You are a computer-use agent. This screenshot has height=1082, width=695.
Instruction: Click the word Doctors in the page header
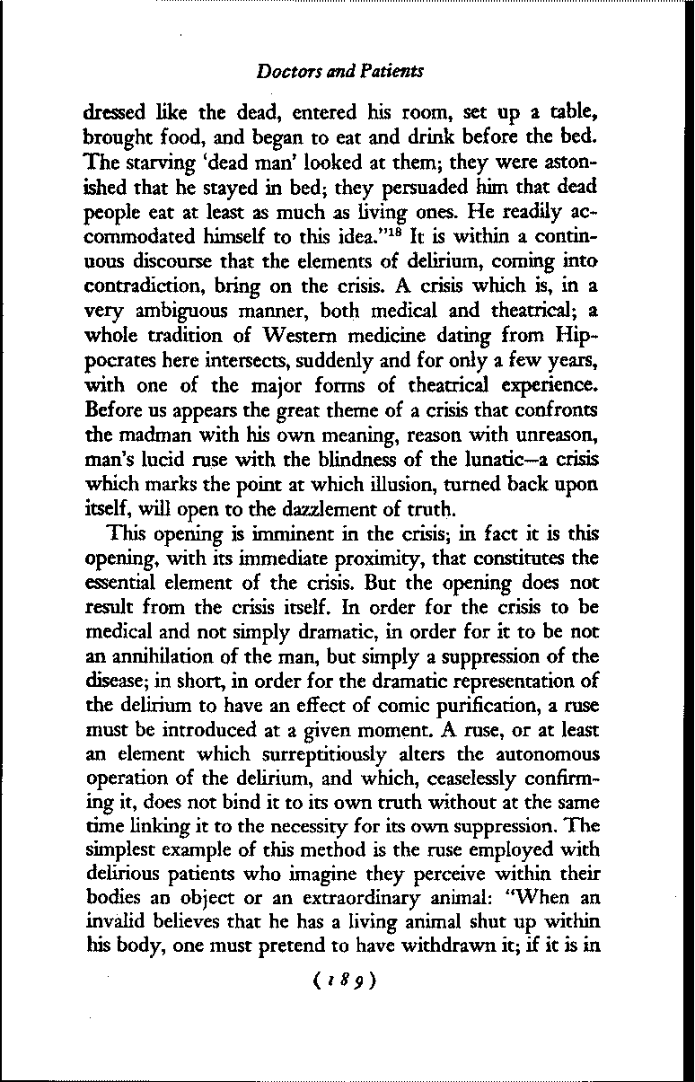[282, 69]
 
